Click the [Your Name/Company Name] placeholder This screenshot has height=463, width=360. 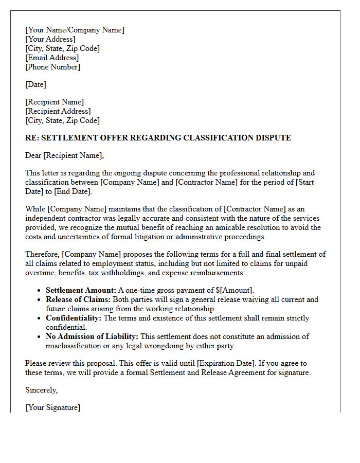click(75, 30)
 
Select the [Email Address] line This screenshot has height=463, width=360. click(52, 58)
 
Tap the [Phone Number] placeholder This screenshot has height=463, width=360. click(52, 67)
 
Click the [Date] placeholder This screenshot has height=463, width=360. click(35, 84)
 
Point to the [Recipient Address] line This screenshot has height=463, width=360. click(58, 111)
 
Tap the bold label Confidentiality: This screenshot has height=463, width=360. click(74, 318)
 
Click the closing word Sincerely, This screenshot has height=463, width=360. click(42, 390)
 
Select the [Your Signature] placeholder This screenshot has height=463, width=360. click(52, 407)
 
